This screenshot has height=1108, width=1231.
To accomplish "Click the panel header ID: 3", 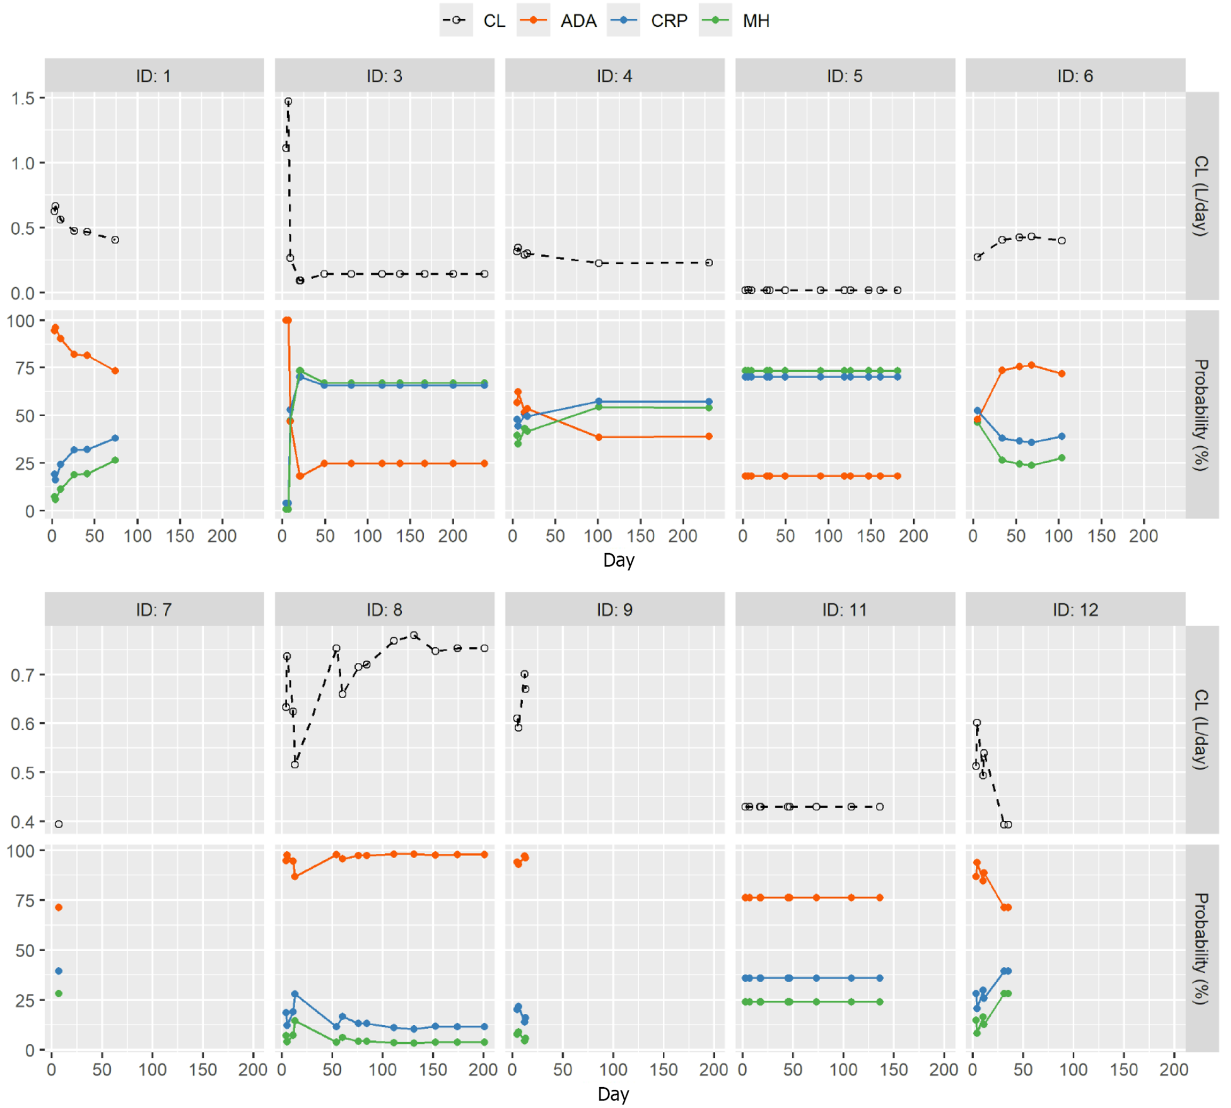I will click(384, 76).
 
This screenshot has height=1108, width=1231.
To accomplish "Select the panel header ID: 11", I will click(844, 609).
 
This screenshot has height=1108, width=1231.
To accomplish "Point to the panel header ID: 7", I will click(154, 609).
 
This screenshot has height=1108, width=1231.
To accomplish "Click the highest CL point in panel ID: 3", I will click(288, 102).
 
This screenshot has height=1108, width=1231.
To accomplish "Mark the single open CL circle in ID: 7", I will click(58, 824).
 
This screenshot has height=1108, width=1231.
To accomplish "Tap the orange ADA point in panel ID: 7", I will click(58, 907).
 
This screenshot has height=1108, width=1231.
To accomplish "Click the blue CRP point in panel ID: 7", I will click(58, 971).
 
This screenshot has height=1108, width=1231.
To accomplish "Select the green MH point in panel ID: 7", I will click(58, 993).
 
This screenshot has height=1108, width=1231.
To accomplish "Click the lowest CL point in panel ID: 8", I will click(295, 764).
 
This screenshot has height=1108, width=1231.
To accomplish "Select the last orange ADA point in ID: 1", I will click(115, 371).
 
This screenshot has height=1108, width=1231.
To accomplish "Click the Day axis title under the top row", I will click(618, 560).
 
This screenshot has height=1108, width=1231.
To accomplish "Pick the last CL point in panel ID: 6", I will click(1062, 240).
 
